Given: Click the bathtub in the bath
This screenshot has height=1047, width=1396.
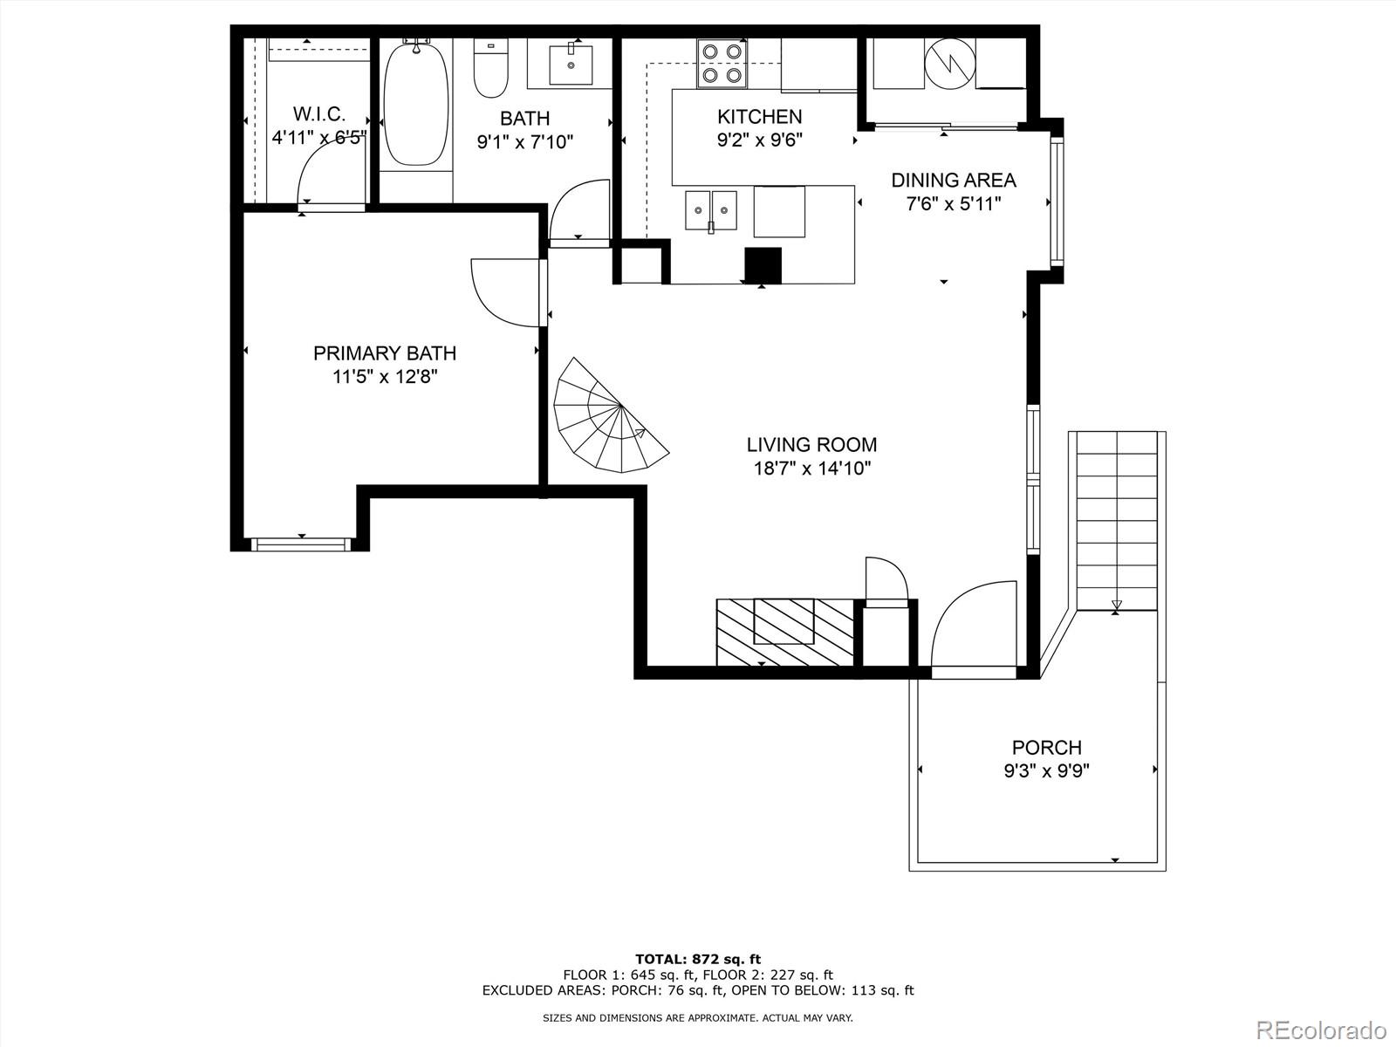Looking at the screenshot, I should pos(415,104).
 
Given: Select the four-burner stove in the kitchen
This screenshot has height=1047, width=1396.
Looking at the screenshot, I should pos(722,64).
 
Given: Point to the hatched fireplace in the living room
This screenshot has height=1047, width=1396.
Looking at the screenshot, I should pos(784,632).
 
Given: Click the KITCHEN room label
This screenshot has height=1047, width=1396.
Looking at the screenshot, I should pos(759,116).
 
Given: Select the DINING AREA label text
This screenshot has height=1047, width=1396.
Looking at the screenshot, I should pos(953,181).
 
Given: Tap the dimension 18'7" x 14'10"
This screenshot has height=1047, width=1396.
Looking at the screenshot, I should pos(811,469).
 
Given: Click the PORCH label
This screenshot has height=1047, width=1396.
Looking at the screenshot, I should pos(1046,748).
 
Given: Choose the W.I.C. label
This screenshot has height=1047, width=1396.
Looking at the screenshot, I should pos(319,113).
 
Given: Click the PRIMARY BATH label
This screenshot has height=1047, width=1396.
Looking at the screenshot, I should pos(385,353).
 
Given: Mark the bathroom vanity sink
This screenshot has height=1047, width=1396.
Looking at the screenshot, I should pos(571,64).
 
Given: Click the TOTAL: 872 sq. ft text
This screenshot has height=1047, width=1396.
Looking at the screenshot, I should pos(697,960).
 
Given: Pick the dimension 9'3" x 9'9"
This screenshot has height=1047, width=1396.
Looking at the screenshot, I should pos(1046,771).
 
